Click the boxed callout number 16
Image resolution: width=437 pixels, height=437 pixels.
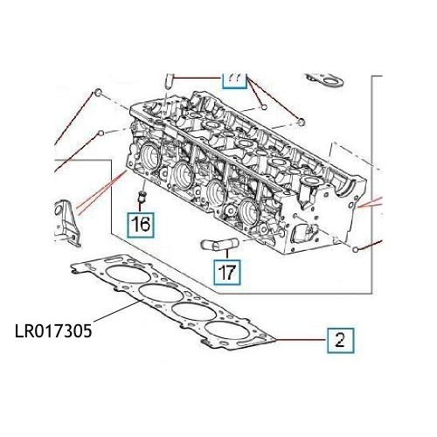click(x=140, y=225)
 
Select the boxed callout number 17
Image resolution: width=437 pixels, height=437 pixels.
click(x=226, y=272)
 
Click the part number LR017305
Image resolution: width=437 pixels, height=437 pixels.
click(x=54, y=332)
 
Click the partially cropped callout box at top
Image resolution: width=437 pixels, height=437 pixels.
click(x=233, y=80)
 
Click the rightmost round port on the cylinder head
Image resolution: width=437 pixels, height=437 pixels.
click(x=248, y=211)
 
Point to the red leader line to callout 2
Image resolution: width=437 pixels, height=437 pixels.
click(x=302, y=340)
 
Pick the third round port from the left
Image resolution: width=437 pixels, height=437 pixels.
click(x=215, y=193)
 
